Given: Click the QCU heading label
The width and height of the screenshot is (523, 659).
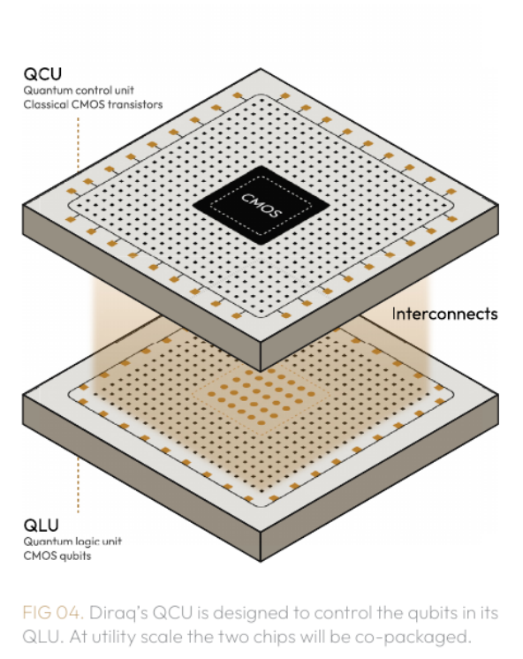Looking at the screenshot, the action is pyautogui.click(x=42, y=74).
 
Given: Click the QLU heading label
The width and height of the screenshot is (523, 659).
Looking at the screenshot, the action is pyautogui.click(x=42, y=526).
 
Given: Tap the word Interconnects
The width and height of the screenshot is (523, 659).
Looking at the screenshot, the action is pyautogui.click(x=444, y=314).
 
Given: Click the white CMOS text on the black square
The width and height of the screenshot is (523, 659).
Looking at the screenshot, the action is pyautogui.click(x=261, y=205).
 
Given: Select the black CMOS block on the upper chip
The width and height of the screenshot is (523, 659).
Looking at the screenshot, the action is pyautogui.click(x=261, y=205).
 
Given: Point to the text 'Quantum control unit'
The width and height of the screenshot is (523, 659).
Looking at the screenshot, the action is pyautogui.click(x=79, y=90).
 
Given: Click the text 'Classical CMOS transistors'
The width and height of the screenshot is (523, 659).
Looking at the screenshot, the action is pyautogui.click(x=93, y=104).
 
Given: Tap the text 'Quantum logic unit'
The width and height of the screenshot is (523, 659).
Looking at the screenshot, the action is pyautogui.click(x=72, y=542).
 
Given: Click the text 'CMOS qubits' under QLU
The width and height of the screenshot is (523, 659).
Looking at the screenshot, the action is pyautogui.click(x=57, y=556).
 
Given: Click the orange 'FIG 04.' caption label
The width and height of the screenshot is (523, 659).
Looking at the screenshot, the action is pyautogui.click(x=53, y=612).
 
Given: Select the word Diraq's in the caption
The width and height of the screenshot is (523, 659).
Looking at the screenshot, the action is pyautogui.click(x=118, y=613).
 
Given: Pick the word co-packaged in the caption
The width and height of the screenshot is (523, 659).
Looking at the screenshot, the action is pyautogui.click(x=413, y=637).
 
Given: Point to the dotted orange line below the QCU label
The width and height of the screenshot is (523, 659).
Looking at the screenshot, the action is pyautogui.click(x=78, y=144).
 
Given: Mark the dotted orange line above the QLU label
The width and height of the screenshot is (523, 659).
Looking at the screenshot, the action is pyautogui.click(x=78, y=486).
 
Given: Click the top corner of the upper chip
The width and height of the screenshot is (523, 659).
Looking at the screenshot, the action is pyautogui.click(x=261, y=69).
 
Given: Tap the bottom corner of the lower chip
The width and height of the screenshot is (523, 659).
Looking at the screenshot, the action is pyautogui.click(x=261, y=561).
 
